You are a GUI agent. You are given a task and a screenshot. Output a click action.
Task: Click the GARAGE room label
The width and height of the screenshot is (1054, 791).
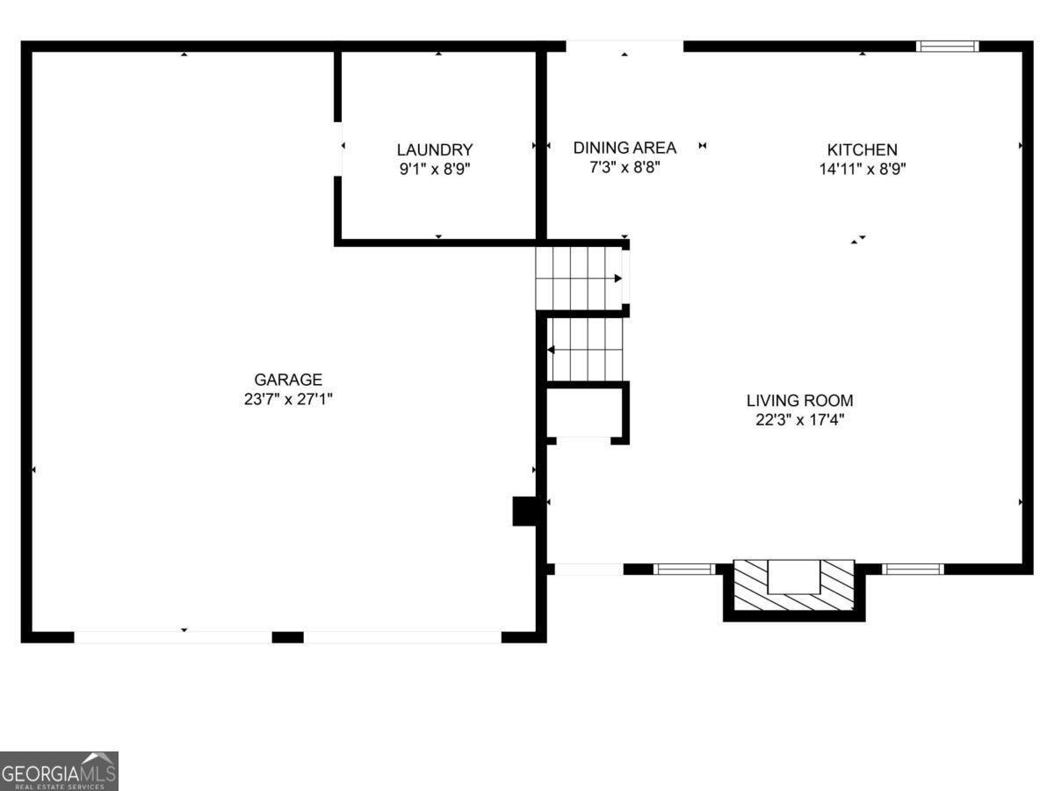[288, 380]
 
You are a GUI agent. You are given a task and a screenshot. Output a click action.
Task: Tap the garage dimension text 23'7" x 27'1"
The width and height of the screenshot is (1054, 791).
[288, 399]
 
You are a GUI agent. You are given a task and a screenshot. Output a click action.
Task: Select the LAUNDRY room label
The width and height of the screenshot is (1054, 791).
[435, 150]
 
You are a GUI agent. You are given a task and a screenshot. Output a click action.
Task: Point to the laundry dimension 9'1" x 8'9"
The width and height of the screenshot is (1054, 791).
[435, 169]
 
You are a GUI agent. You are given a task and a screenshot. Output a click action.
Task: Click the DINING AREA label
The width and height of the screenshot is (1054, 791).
[624, 148]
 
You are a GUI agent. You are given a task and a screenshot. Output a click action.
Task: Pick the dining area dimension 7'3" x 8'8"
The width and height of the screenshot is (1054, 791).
[624, 166]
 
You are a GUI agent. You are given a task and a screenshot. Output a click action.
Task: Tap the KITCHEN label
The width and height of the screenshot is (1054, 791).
[862, 150]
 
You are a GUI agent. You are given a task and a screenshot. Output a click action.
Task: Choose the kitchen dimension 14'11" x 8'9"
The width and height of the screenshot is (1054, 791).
[862, 169]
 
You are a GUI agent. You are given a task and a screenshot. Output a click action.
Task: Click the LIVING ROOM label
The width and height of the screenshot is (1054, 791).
[799, 401]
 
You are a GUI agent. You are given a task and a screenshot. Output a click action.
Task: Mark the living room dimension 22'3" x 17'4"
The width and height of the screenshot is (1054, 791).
[799, 419]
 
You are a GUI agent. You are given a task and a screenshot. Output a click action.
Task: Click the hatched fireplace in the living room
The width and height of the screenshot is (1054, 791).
[794, 586]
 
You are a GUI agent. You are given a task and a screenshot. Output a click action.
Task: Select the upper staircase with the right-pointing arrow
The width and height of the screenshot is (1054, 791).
[580, 279]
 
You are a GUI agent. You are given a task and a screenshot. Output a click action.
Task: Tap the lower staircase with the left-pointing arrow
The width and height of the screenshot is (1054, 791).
[586, 349]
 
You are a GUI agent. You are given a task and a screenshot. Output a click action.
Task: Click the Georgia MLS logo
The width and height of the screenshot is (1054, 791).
[59, 771]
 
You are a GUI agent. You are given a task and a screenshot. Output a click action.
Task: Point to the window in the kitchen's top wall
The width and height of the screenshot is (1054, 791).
[947, 47]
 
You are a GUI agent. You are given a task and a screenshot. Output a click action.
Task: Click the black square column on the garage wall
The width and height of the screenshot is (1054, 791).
[524, 511]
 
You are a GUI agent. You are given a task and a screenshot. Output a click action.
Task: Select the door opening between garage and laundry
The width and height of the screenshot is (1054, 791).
[338, 149]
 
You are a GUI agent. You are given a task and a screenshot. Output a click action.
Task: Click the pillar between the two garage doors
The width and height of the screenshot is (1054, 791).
[287, 637]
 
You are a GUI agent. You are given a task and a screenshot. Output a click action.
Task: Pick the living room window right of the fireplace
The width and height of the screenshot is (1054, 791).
[913, 569]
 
